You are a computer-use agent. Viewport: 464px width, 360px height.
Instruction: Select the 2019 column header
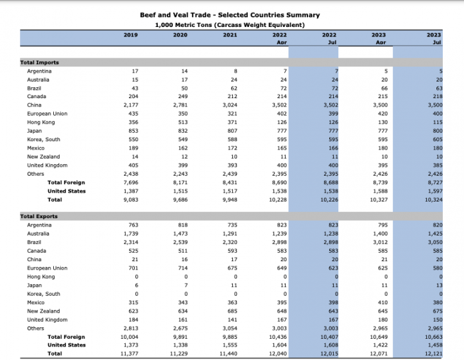point(131,35)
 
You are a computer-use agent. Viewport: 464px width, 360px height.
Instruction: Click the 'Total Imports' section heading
point(40,62)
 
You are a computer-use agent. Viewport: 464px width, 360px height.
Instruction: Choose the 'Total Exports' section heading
point(40,216)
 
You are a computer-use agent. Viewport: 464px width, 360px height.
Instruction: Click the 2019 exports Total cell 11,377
point(129,354)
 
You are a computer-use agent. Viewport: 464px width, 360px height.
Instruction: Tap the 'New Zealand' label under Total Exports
point(43,311)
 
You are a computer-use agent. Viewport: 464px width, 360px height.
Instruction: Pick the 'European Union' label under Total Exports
point(47,268)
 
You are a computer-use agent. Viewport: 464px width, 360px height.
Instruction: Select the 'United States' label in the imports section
point(66,191)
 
